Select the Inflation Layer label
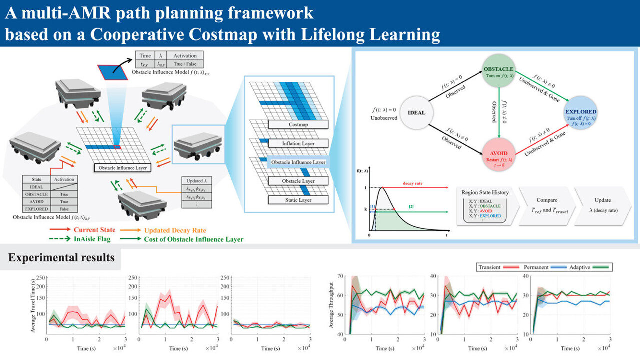pos(298,144)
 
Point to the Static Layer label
pos(298,200)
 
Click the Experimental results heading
pos(61,258)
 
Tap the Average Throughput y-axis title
pos(332,304)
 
